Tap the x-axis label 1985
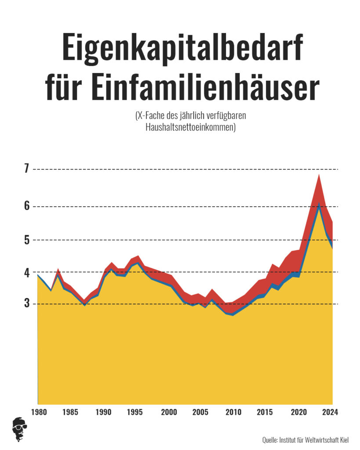pos(70,413)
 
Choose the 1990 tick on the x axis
pos(103,413)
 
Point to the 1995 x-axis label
pos(135,413)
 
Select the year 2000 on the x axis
pos(169,413)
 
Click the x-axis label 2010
pos(233,413)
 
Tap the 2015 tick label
pos(265,413)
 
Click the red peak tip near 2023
pos(319,175)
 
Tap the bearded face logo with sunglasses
pos(20,428)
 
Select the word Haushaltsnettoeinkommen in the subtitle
pos(190,128)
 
